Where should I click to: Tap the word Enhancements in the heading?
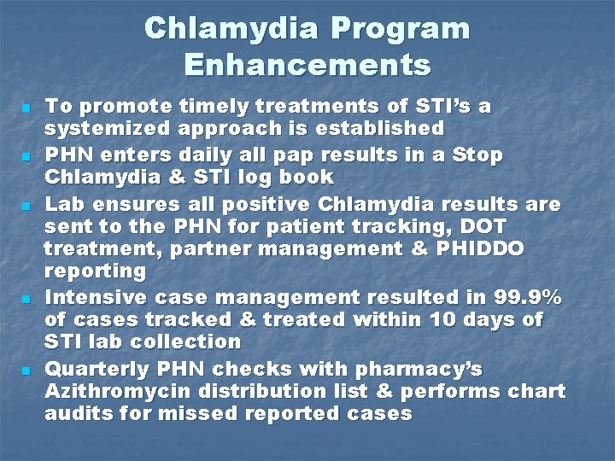pos(307,64)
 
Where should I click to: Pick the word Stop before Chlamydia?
pos(476,156)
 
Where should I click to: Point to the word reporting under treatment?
pos(95,271)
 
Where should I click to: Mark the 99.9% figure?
pos(528,298)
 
